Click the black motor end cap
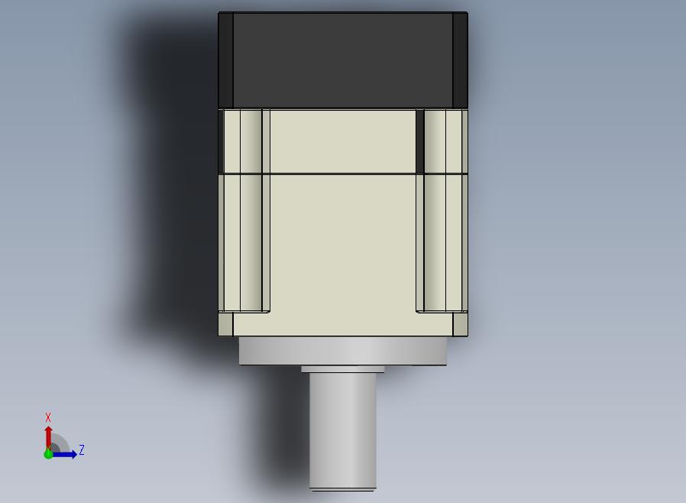pos(343,60)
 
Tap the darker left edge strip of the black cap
pos(226,60)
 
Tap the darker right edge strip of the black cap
pos(460,60)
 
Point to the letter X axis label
pos(48,417)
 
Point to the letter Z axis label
pos(82,449)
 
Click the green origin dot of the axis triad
pos(48,454)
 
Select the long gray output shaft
pos(343,431)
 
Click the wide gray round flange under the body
pos(343,351)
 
